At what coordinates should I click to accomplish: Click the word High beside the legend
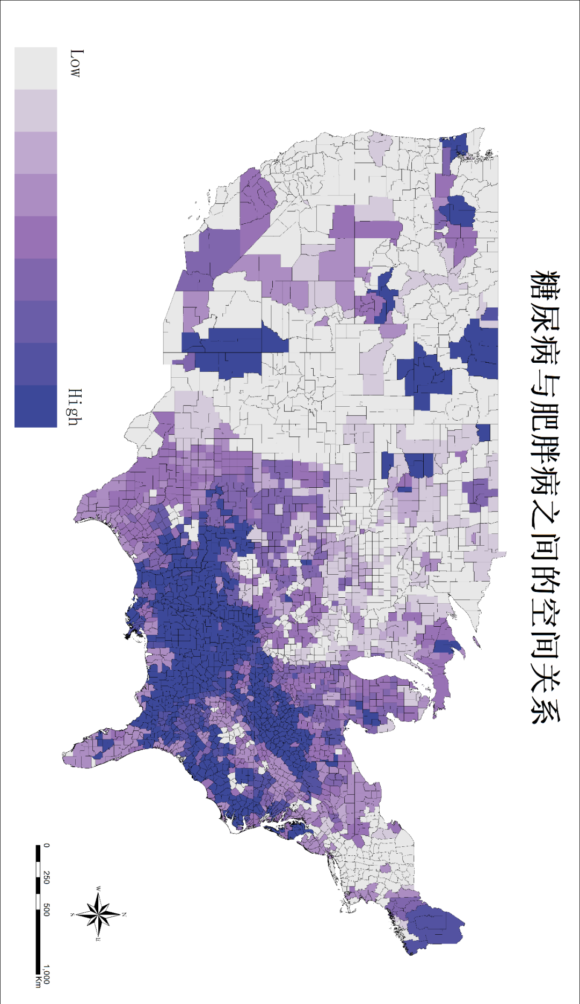tap(76, 407)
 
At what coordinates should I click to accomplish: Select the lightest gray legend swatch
tap(35, 68)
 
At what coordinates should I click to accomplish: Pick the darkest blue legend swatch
tap(35, 406)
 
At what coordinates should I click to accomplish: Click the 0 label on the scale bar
tap(46, 846)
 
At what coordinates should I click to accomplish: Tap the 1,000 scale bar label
tap(46, 974)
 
